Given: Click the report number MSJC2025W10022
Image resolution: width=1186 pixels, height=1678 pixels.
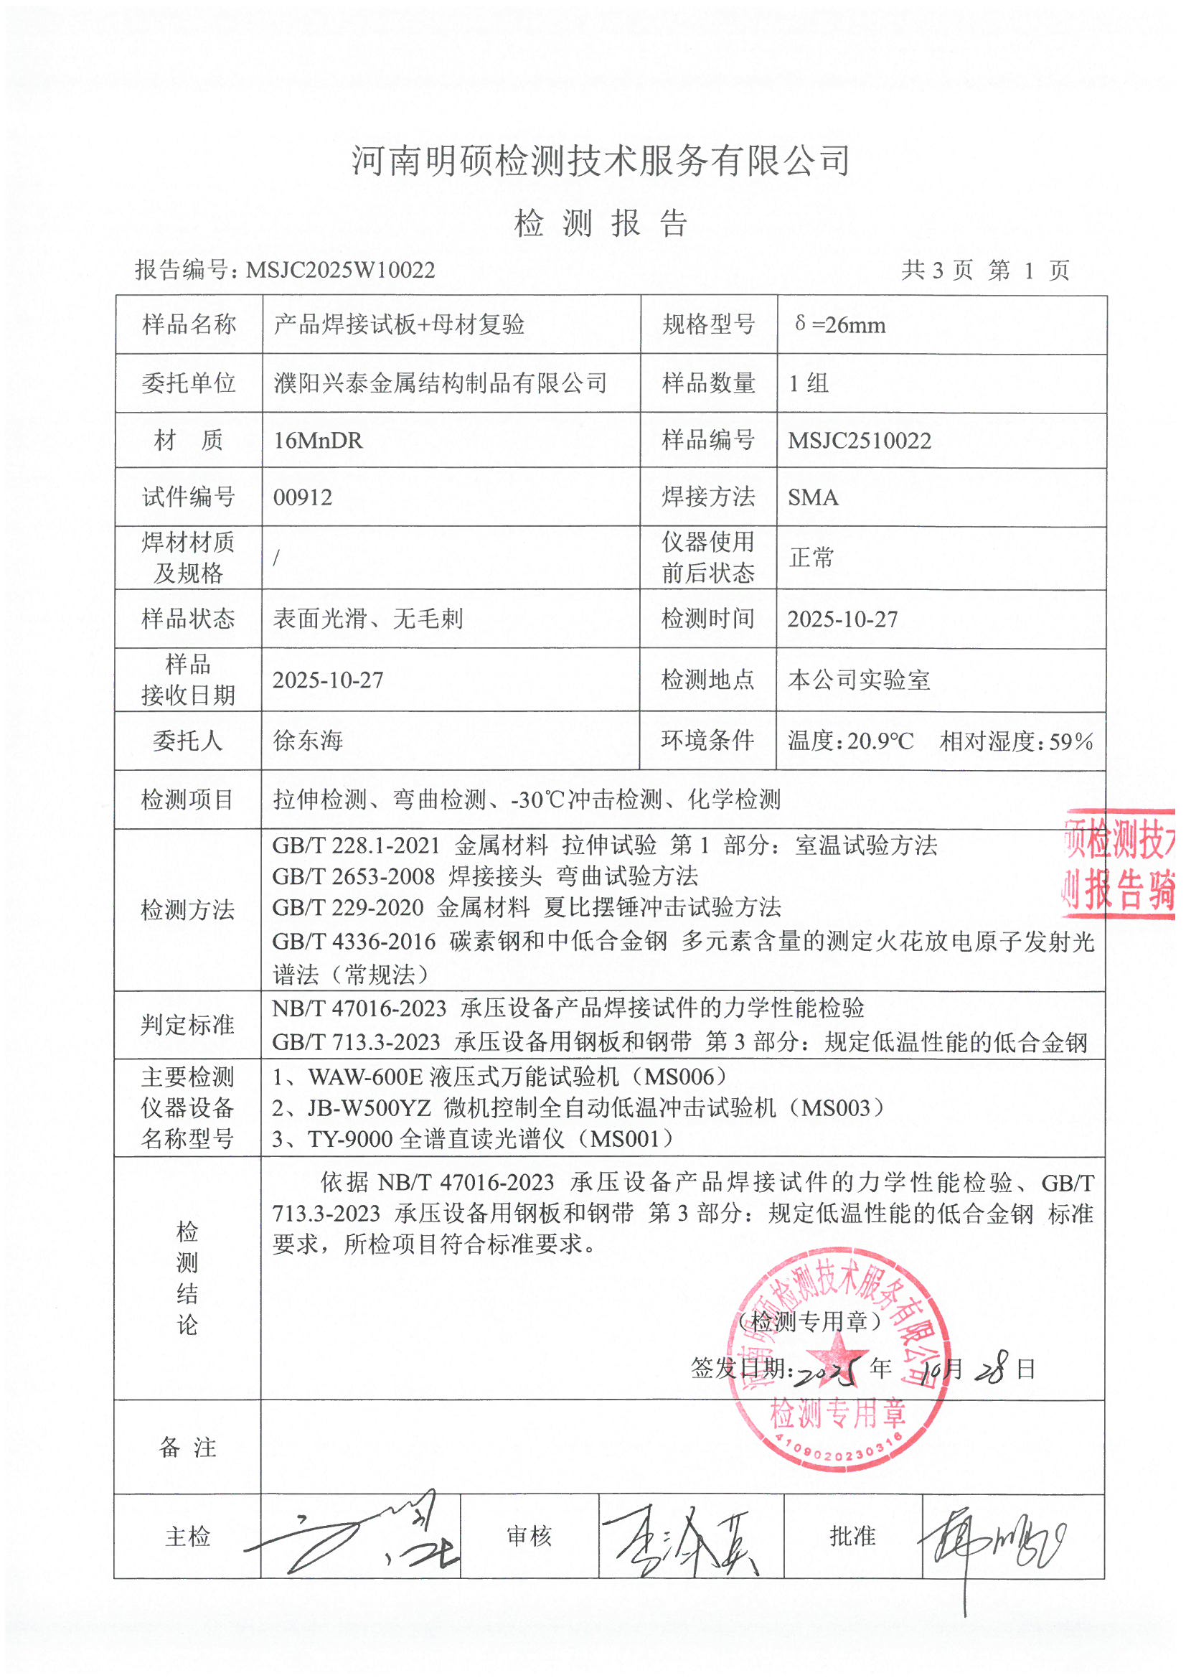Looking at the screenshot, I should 341,271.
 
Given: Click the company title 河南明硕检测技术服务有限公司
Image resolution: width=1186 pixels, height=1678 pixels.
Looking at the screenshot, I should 601,161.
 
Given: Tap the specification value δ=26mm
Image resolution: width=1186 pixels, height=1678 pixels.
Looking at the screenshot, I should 840,324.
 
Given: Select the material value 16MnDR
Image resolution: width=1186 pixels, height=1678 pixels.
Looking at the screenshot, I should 318,441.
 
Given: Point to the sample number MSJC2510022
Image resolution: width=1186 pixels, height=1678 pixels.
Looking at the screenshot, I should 860,441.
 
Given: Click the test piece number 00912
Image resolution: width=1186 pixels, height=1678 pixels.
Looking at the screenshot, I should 303,497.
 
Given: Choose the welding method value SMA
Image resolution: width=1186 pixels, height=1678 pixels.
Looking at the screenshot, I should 813,497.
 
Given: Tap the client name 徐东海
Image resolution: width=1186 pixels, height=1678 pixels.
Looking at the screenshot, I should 308,741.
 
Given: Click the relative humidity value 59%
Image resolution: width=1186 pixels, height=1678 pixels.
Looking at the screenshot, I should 1070,742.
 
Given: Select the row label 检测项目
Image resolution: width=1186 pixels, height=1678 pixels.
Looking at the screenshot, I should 187,800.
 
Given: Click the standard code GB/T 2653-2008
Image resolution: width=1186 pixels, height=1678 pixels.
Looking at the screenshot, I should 354,876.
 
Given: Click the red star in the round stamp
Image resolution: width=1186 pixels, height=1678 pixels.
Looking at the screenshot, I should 839,1353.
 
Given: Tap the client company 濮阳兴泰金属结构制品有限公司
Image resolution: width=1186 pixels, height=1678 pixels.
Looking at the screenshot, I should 440,383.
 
